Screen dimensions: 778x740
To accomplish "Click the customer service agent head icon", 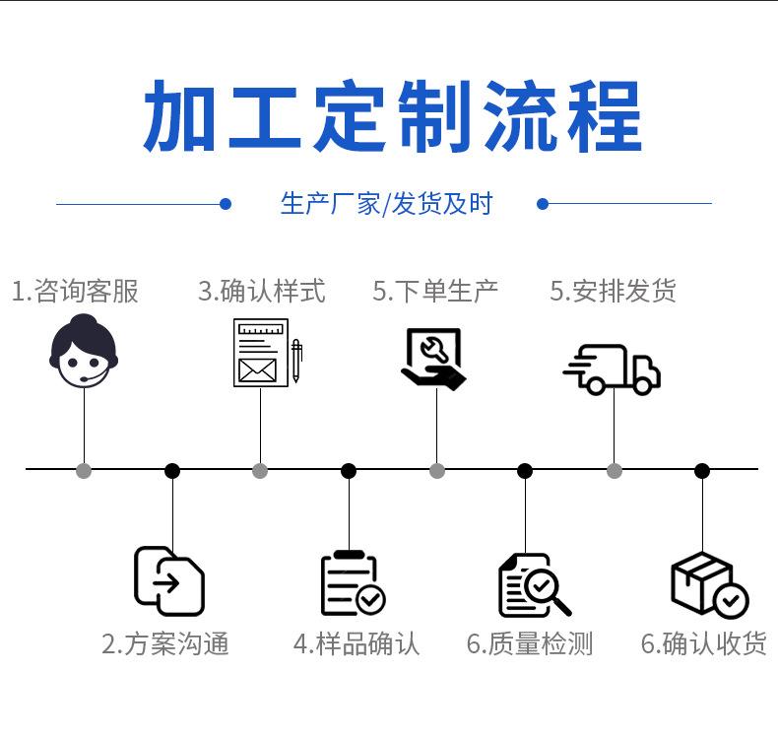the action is [x=84, y=351].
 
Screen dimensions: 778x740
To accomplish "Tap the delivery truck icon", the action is [x=612, y=370].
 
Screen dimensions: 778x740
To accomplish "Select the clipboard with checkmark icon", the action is [x=353, y=583].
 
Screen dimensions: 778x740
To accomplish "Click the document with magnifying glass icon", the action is [x=534, y=584].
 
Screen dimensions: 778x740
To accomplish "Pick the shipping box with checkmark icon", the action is [x=709, y=584].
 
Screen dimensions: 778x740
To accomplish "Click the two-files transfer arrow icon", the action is [x=169, y=581].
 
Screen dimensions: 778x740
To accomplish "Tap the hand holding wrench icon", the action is [x=433, y=359].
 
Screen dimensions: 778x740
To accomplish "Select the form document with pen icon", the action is [x=268, y=353].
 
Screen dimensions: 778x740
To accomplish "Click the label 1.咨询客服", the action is [x=75, y=291].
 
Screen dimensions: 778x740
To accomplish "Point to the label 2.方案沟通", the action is [x=165, y=643].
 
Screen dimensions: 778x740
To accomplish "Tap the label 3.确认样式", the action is [x=262, y=291].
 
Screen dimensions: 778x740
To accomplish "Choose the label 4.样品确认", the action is [x=357, y=643].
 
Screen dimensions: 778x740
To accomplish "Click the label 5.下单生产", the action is [x=435, y=291].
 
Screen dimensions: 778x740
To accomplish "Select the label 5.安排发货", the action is [x=613, y=291].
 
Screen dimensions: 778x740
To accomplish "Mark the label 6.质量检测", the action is [x=530, y=643].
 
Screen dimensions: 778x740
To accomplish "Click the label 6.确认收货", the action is [x=704, y=643].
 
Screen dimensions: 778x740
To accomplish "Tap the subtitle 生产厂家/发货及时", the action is [x=386, y=204].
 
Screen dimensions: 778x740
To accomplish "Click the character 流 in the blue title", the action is [x=520, y=116].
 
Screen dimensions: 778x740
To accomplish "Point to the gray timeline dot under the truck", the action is [x=615, y=470].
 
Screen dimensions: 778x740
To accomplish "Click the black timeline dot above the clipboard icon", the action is [x=349, y=470].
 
